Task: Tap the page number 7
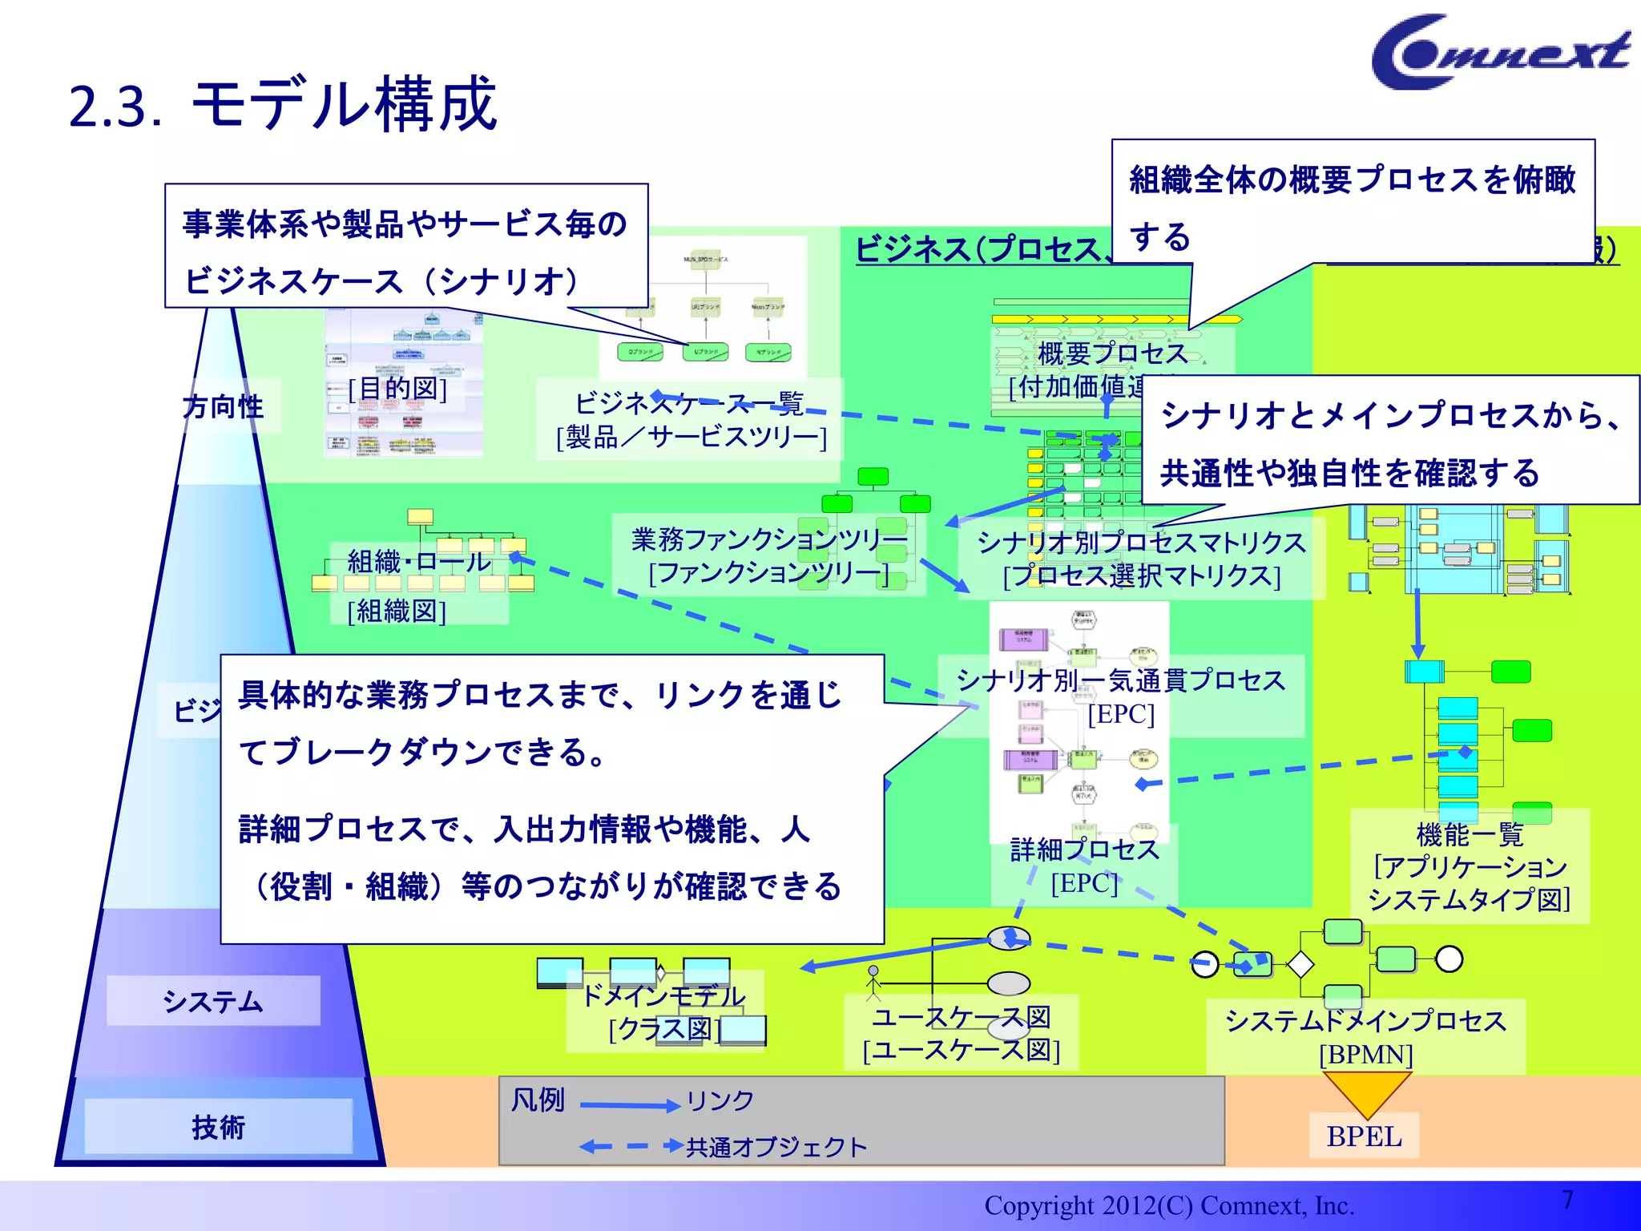(x=1567, y=1200)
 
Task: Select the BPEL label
(x=1364, y=1136)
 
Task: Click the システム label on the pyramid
(x=213, y=1001)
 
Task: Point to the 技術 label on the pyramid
(x=218, y=1127)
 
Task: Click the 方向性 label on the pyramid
(x=223, y=406)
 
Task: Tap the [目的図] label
(x=397, y=389)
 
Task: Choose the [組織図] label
(x=397, y=611)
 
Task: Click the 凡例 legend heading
(x=538, y=1100)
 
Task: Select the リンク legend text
(x=720, y=1100)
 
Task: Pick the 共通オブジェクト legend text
(x=776, y=1147)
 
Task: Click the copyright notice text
(x=1168, y=1205)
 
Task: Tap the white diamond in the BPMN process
(x=1300, y=964)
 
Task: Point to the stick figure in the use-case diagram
(x=873, y=983)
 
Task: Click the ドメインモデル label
(x=663, y=995)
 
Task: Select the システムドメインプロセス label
(x=1365, y=1021)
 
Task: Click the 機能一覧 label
(x=1470, y=835)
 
